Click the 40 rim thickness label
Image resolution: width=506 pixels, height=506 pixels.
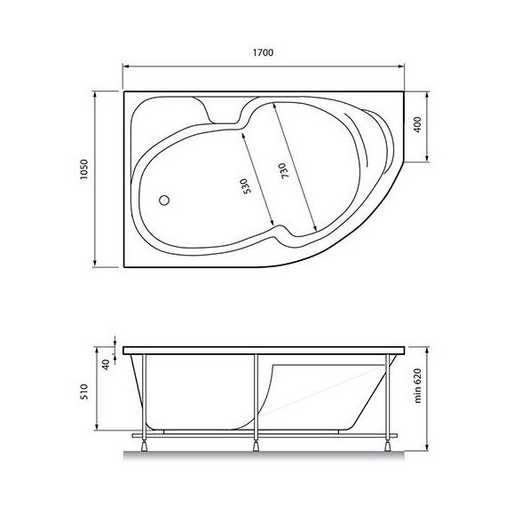[x=107, y=364]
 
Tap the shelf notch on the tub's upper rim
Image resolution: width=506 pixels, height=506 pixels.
[x=225, y=111]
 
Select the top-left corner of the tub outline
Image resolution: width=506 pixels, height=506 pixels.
[x=123, y=89]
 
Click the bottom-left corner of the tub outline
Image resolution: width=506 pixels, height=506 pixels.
[x=123, y=266]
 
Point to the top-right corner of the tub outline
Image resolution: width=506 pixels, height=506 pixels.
[x=404, y=89]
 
